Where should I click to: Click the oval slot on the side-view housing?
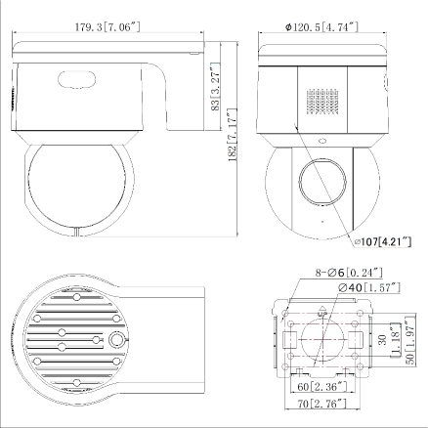[x=77, y=81]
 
